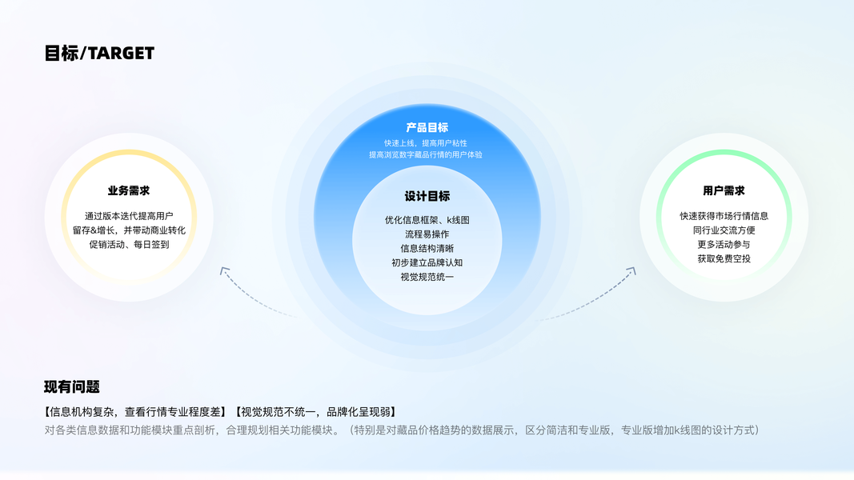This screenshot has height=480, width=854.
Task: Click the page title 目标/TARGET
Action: coord(99,54)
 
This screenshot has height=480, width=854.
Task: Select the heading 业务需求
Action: coord(129,191)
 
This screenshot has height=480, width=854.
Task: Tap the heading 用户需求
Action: coord(724,191)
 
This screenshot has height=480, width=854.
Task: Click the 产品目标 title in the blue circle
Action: coord(427,127)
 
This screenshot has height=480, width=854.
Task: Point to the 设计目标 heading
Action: coord(427,196)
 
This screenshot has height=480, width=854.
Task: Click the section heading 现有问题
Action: coord(72,387)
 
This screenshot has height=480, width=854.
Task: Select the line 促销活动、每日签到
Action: coord(129,245)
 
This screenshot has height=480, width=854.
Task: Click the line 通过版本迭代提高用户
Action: coord(129,216)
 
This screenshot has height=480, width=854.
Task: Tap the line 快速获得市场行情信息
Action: coord(724,216)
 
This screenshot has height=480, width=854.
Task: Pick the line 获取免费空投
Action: coord(724,259)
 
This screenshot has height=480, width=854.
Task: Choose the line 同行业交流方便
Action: coord(724,230)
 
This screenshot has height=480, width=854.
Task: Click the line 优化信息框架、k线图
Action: coord(427,220)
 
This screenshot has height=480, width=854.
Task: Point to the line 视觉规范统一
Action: coord(427,278)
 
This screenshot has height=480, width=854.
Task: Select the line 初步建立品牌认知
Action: coord(427,263)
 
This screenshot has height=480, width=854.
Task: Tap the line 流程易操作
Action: coord(427,234)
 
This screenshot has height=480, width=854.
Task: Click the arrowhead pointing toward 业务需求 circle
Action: coord(224,271)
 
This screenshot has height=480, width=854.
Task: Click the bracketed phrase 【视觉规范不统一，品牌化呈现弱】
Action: coord(314,413)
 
